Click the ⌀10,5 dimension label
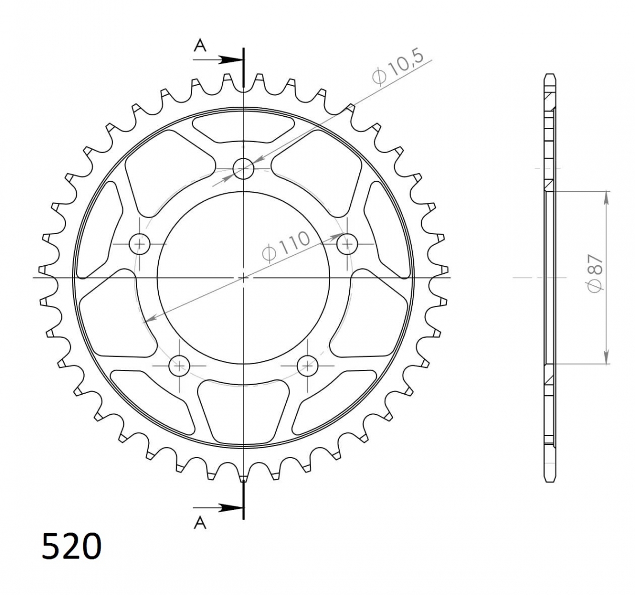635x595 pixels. (397, 68)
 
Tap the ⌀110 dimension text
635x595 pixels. (286, 247)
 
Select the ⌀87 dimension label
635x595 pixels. (595, 273)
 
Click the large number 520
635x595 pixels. (71, 546)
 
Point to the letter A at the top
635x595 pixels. (200, 45)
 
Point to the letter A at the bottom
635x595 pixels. (200, 523)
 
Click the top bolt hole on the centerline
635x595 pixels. (243, 169)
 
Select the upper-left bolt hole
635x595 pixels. (139, 244)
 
